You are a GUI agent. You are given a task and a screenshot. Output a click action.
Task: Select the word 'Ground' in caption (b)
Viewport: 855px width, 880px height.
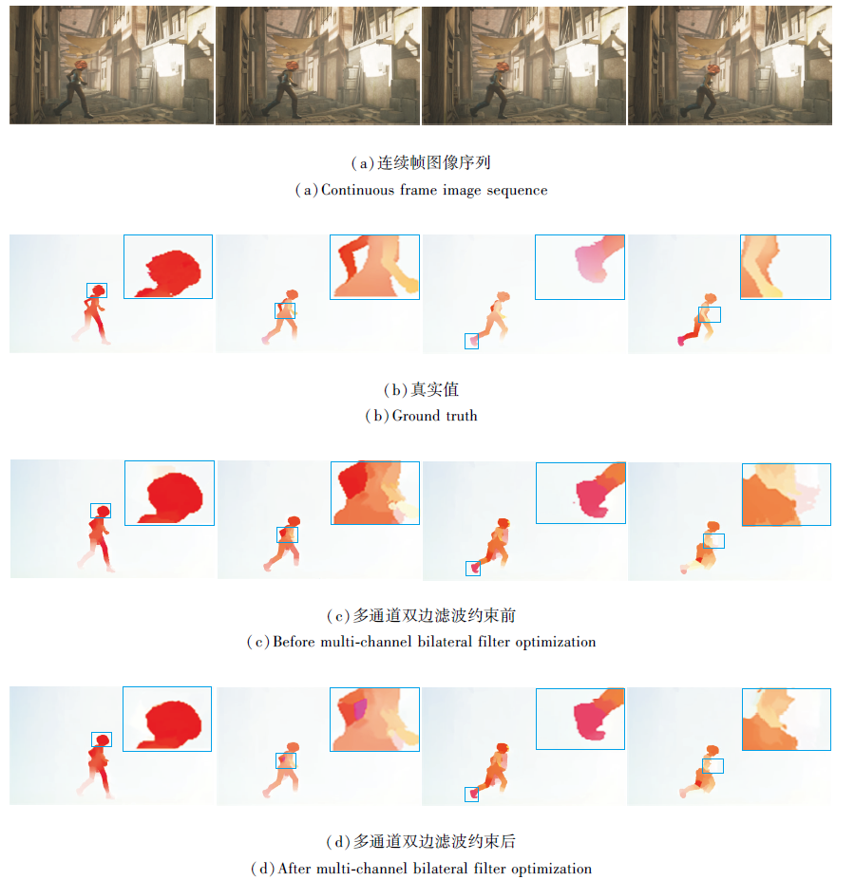pyautogui.click(x=416, y=416)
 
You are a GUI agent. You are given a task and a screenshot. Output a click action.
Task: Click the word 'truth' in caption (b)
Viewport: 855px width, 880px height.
pyautogui.click(x=462, y=416)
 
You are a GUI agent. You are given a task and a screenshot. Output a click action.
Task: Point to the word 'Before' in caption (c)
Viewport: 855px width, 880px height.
pyautogui.click(x=294, y=642)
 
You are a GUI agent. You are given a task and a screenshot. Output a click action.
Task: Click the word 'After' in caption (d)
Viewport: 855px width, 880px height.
pyautogui.click(x=294, y=869)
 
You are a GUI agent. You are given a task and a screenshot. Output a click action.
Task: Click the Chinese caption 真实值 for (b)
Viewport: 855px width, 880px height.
pyautogui.click(x=434, y=389)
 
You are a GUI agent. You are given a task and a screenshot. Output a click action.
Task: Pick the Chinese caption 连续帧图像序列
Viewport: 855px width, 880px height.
pyautogui.click(x=434, y=162)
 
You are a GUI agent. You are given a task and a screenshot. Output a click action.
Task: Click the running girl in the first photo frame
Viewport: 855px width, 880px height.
pyautogui.click(x=76, y=88)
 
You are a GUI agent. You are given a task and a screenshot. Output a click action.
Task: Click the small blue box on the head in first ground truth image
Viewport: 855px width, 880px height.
pyautogui.click(x=97, y=290)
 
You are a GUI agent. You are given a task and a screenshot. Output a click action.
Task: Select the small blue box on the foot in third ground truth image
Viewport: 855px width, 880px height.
pyautogui.click(x=471, y=341)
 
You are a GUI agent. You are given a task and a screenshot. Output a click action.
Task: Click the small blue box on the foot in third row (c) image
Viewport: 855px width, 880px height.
pyautogui.click(x=473, y=569)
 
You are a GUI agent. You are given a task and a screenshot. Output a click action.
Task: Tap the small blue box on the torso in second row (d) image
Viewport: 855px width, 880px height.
pyautogui.click(x=286, y=760)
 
